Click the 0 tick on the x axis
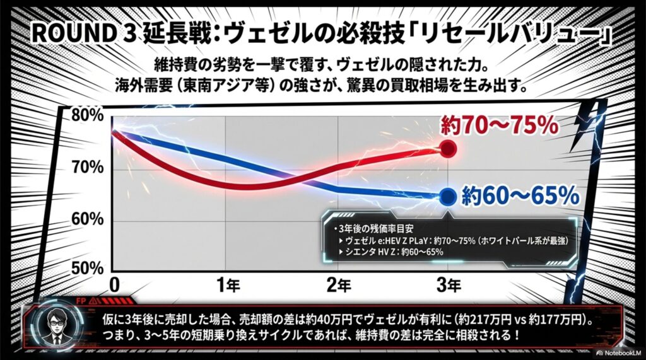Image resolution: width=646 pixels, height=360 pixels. pyautogui.click(x=114, y=285)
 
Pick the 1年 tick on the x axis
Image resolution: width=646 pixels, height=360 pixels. pyautogui.click(x=228, y=285)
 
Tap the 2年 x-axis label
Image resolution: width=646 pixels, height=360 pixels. pyautogui.click(x=338, y=285)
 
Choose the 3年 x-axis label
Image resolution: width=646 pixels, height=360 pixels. pyautogui.click(x=448, y=285)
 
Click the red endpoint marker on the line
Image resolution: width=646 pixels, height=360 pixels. pyautogui.click(x=448, y=149)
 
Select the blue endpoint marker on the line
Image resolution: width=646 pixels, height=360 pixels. pyautogui.click(x=448, y=196)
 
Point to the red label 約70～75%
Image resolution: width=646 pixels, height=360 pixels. pyautogui.click(x=498, y=126)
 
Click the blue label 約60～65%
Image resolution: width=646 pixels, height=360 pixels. pyautogui.click(x=519, y=196)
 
